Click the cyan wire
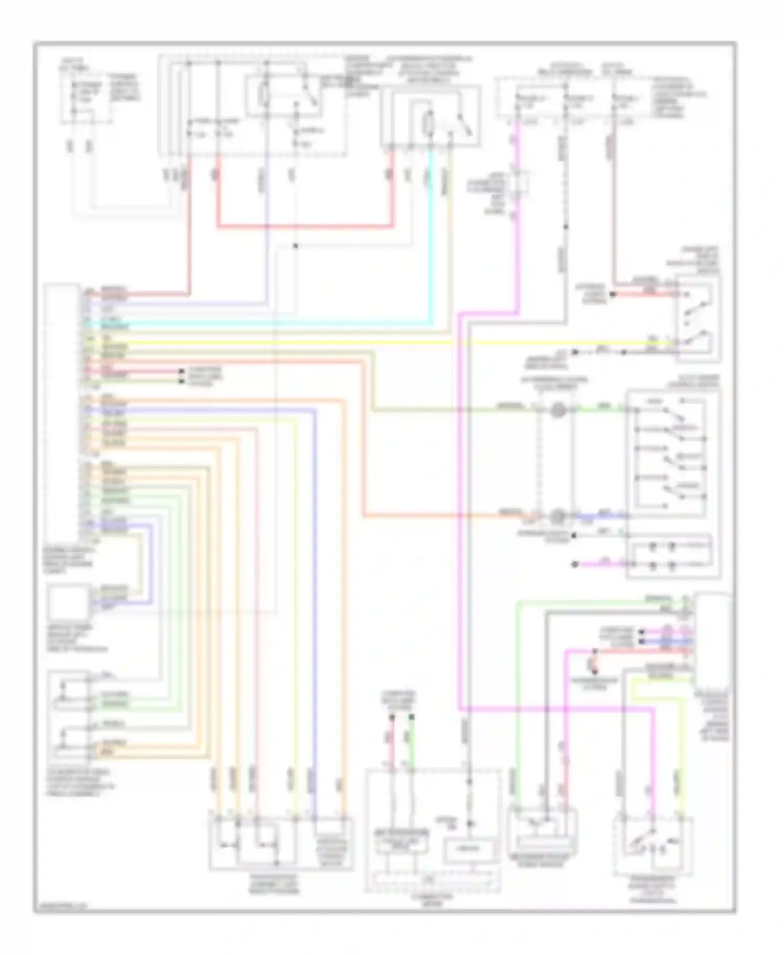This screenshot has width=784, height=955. tap(431, 235)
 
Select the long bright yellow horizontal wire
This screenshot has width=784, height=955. tap(366, 343)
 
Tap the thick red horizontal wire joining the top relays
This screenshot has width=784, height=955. tap(303, 227)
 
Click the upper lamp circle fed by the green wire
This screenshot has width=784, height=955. tap(558, 410)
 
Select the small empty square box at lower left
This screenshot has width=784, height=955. tap(68, 602)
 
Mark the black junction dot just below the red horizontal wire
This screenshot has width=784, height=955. tap(295, 246)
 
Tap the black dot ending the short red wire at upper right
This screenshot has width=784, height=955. tap(613, 294)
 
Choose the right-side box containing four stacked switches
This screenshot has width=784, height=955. tap(672, 452)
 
